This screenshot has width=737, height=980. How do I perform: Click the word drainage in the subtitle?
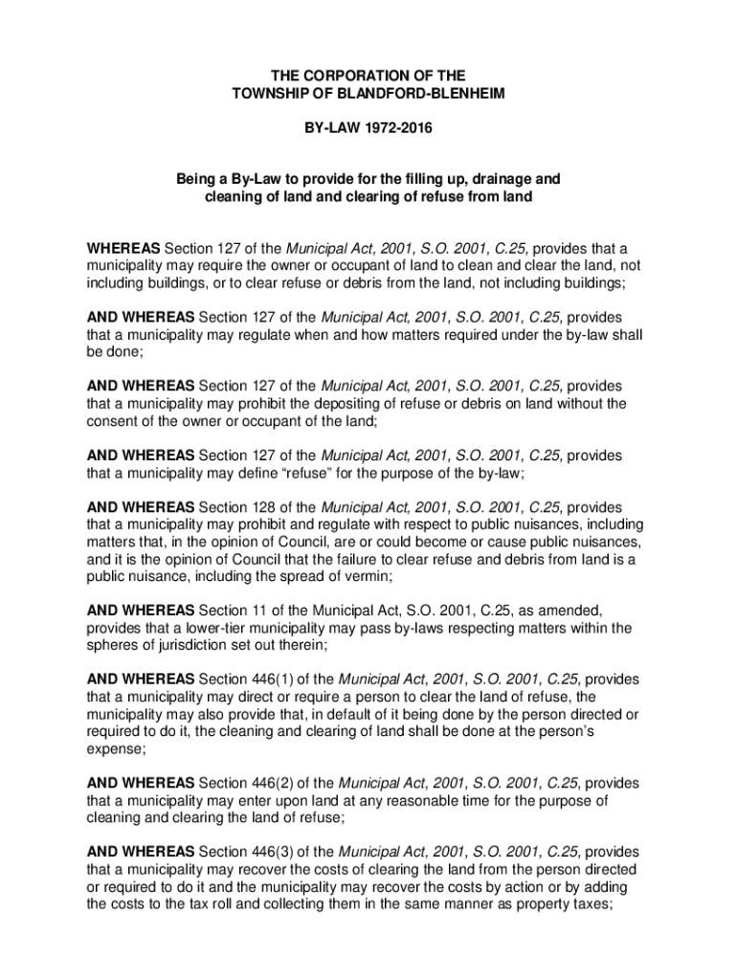[x=484, y=179]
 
